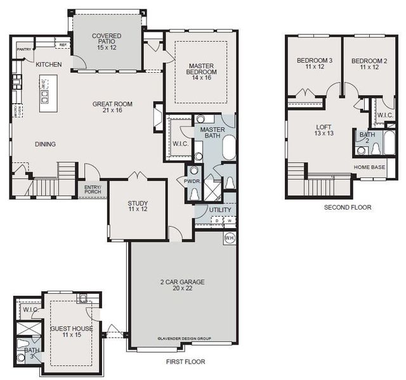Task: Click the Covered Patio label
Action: pyautogui.click(x=107, y=41)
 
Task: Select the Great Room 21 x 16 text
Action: pyautogui.click(x=112, y=108)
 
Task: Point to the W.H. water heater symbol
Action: pyautogui.click(x=229, y=239)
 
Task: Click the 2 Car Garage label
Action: pyautogui.click(x=182, y=286)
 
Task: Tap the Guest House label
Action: pyautogui.click(x=71, y=332)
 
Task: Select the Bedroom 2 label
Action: pyautogui.click(x=369, y=64)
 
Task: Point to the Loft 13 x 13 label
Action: pyautogui.click(x=324, y=130)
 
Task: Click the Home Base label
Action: pyautogui.click(x=369, y=167)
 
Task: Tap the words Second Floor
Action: pyautogui.click(x=348, y=207)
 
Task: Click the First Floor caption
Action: pyautogui.click(x=185, y=362)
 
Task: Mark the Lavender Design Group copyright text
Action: pyautogui.click(x=184, y=339)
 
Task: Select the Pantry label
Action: pyautogui.click(x=24, y=49)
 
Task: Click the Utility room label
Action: pyautogui.click(x=220, y=210)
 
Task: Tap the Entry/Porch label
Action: pyautogui.click(x=93, y=189)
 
